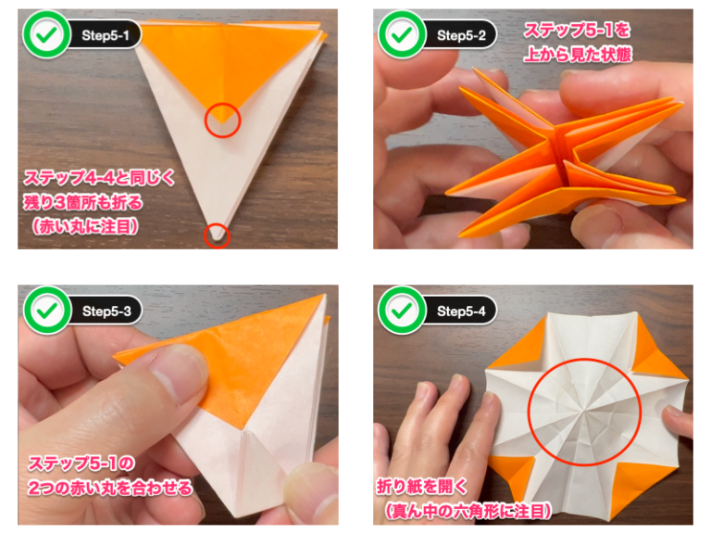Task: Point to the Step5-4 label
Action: [466, 311]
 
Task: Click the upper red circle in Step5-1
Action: [222, 120]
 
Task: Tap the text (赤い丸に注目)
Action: [89, 225]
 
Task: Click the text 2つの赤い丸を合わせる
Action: [110, 487]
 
